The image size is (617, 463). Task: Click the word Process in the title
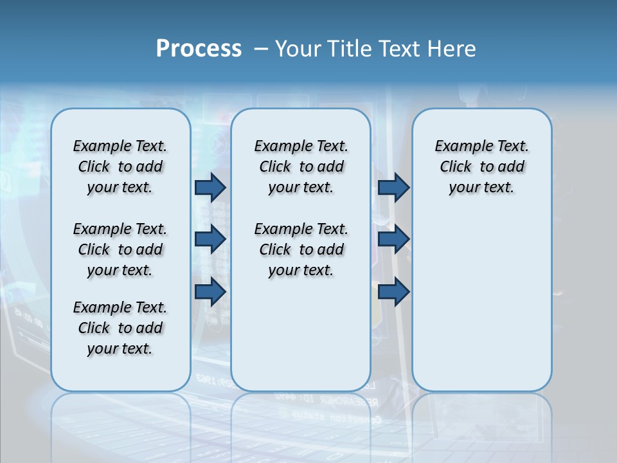coord(199,48)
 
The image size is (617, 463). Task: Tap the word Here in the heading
coord(452,48)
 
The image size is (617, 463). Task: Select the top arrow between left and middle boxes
coord(210,187)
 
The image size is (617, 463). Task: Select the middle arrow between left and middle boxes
coord(210,239)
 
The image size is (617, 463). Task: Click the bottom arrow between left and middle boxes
coord(210,291)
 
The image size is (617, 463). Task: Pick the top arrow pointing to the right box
coord(393,187)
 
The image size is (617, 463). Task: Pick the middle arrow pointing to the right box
coord(393,239)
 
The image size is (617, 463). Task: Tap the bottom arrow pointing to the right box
coord(393,291)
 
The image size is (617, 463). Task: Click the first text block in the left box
coord(120,167)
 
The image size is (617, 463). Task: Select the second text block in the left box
coord(120,250)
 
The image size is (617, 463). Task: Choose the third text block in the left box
coord(120,328)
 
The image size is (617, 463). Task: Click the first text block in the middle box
coord(301,167)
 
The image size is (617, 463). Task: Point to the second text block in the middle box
coord(301,250)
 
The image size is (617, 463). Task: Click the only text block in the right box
coord(481,167)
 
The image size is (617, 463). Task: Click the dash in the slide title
coord(261,48)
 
